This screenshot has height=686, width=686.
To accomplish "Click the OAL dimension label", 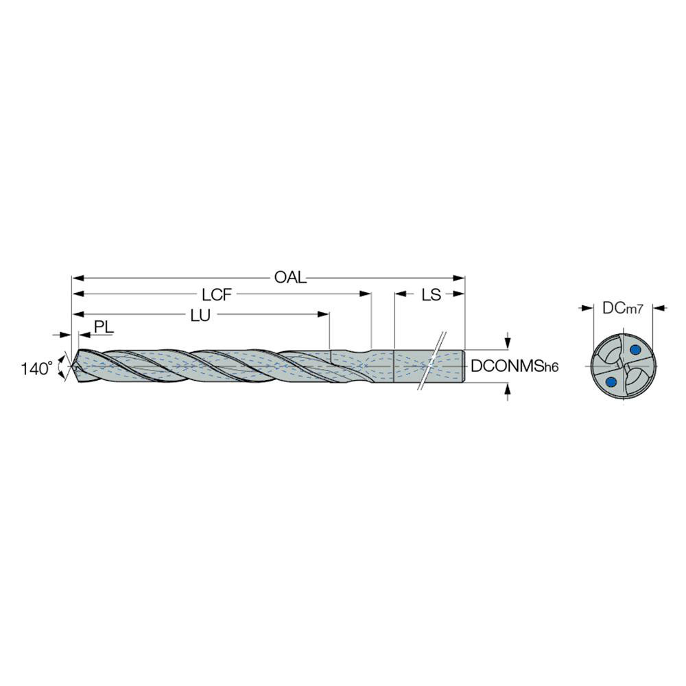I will (289, 278).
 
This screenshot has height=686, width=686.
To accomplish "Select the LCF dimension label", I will (218, 295).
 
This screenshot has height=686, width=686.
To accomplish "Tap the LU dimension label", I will (200, 315).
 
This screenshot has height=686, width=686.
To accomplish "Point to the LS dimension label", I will (431, 295).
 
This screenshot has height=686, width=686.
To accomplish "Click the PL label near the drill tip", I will (104, 327).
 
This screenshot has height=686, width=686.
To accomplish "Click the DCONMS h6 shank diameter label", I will (514, 368).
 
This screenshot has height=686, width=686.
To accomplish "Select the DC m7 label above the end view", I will (622, 309).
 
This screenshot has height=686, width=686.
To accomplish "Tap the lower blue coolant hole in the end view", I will (610, 382).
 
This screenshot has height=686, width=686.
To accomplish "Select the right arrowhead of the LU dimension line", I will (325, 315).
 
